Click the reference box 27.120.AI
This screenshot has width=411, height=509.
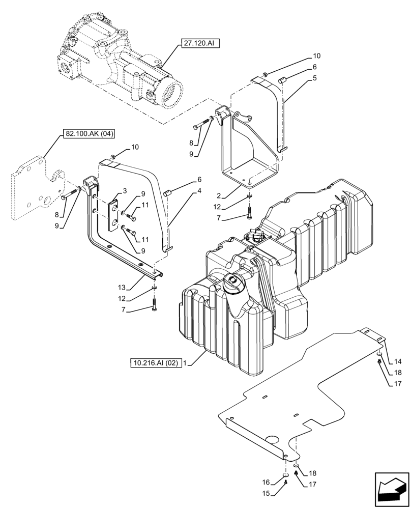198,44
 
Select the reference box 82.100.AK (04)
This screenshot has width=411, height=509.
89,134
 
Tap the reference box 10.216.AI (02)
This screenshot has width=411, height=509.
156,363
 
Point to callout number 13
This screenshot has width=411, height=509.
123,287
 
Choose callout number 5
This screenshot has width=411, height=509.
315,78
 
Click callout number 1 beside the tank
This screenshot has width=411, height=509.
186,363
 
